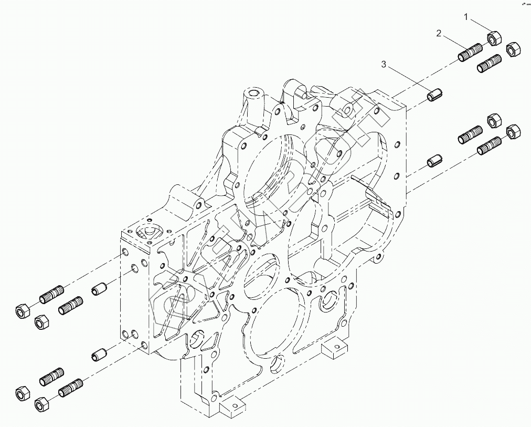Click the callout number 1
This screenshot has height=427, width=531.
coord(465,17)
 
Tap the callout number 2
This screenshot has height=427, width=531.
coord(439,34)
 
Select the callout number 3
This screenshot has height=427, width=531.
coord(384,64)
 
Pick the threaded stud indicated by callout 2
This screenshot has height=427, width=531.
coord(470,53)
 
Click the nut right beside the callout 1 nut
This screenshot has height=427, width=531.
coord(512,49)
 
